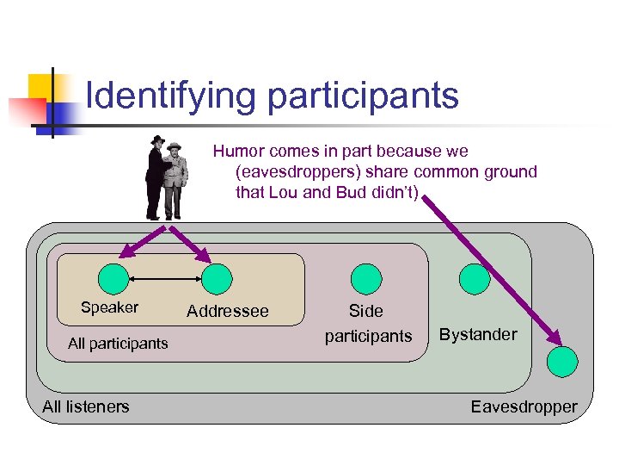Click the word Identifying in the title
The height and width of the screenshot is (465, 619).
(172, 96)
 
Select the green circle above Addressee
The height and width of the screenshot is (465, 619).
(217, 279)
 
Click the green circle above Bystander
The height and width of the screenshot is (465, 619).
(474, 277)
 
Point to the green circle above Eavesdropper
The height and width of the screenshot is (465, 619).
(567, 361)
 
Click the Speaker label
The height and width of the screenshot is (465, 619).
(109, 307)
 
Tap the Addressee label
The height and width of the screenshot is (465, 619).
(228, 311)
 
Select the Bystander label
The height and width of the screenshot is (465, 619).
(478, 334)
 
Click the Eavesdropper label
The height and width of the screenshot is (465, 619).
(524, 406)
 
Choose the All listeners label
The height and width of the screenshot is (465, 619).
(86, 406)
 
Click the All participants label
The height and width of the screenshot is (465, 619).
(118, 344)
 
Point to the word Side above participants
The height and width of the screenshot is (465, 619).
(366, 311)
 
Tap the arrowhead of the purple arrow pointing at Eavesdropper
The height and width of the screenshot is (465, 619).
(553, 338)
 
